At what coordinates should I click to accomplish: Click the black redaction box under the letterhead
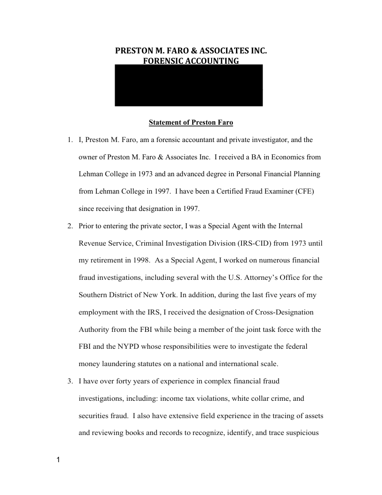click(189, 85)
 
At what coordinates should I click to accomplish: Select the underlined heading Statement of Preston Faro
click(191, 123)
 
